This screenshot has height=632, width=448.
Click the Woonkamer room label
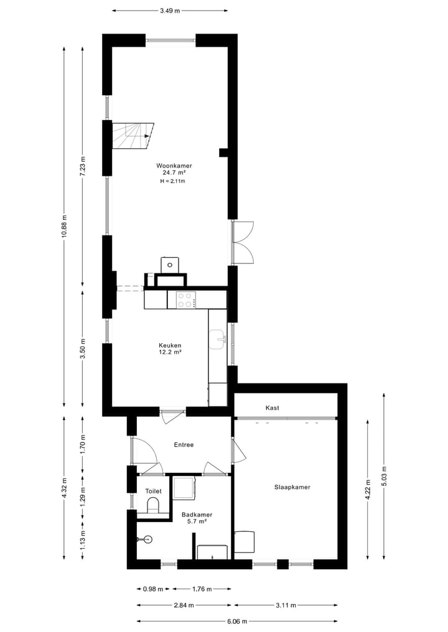coord(174,166)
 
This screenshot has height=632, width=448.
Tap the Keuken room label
coord(170,345)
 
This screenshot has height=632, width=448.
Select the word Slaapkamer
coord(292,487)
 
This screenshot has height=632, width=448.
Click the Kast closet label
coord(272,408)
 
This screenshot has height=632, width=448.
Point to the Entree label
coord(184,445)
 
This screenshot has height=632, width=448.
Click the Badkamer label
coord(197,515)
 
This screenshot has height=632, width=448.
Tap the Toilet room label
coord(153,491)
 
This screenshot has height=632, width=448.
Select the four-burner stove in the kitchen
coord(185,300)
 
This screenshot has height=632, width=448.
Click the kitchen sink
coord(217,339)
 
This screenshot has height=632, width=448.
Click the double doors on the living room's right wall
coord(243,242)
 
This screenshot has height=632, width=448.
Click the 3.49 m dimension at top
coord(170,11)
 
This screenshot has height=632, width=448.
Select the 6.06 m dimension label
coord(237,621)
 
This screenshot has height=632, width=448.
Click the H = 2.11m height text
coord(173,181)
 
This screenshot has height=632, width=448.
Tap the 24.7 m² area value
coord(174,173)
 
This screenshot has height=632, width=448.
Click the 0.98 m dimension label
coord(152,589)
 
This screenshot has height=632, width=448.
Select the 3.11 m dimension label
coord(286,605)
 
